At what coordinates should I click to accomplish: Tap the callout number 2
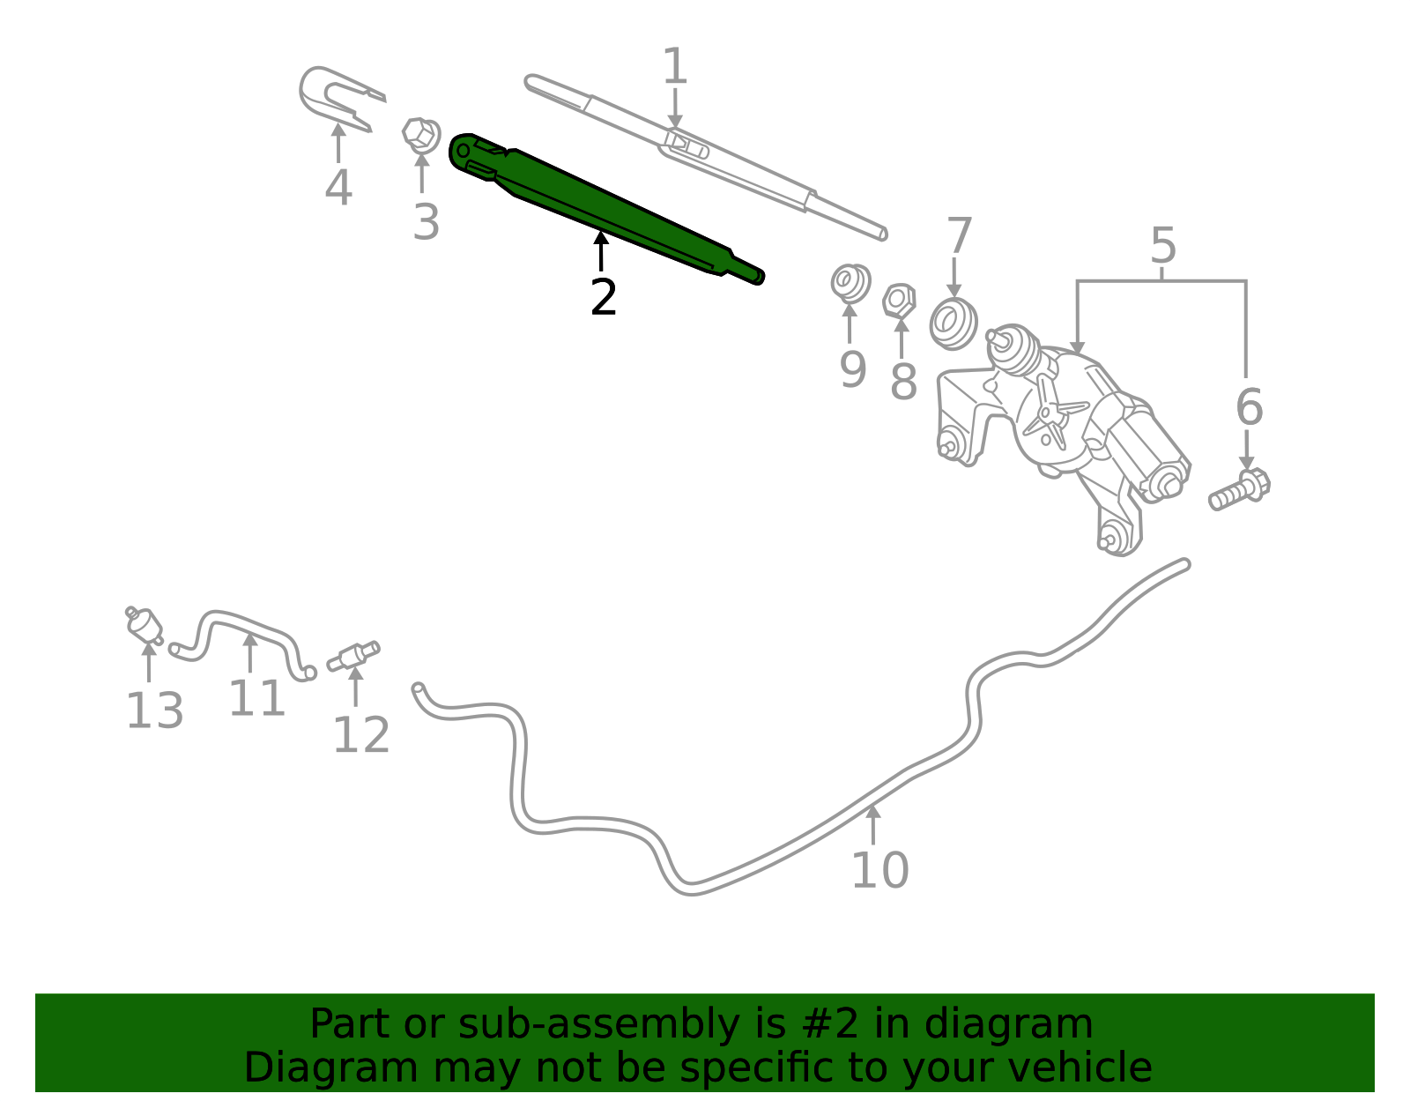[604, 298]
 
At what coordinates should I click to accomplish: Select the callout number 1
[675, 66]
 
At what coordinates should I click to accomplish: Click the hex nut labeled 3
[421, 136]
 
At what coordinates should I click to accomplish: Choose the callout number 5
[1162, 245]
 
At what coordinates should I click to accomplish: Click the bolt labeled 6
[1239, 490]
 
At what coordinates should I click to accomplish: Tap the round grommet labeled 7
[954, 324]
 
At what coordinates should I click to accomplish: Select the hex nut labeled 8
[900, 301]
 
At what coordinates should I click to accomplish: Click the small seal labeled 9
[850, 283]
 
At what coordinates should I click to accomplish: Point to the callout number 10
[879, 870]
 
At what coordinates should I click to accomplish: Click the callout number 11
[257, 698]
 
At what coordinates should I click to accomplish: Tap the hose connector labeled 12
[353, 656]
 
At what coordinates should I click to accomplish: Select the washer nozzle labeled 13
[144, 626]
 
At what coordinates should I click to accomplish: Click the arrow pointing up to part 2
[602, 250]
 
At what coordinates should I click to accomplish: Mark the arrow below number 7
[954, 278]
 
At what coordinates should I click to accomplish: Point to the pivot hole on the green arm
[463, 152]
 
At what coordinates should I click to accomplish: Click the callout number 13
[154, 711]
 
